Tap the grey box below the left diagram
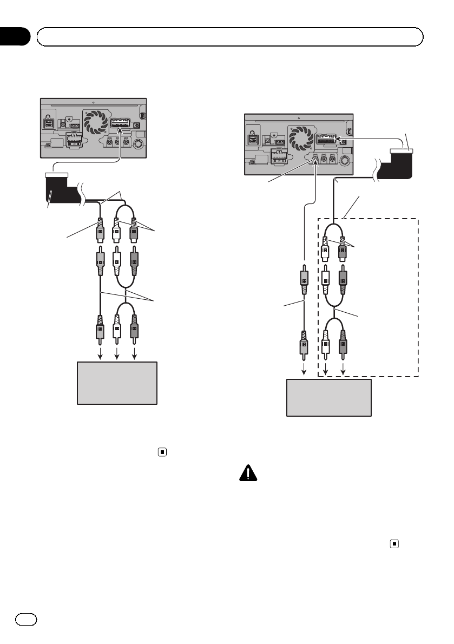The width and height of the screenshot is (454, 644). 117,383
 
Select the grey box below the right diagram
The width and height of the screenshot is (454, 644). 328,397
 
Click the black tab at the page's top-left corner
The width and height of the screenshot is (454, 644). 15,36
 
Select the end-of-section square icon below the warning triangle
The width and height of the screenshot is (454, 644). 395,542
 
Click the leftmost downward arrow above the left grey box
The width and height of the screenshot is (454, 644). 100,354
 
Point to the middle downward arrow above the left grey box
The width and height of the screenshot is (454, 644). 117,354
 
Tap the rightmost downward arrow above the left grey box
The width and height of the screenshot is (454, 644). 135,354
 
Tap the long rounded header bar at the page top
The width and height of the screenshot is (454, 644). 229,38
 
